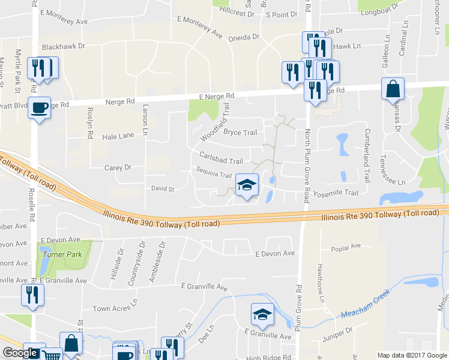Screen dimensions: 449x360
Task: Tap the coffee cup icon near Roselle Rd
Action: pyautogui.click(x=40, y=108)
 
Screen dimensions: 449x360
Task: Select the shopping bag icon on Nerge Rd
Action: pyautogui.click(x=392, y=89)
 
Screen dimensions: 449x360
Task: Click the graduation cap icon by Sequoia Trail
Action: pyautogui.click(x=246, y=185)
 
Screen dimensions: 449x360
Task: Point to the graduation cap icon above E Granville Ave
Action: pyautogui.click(x=262, y=314)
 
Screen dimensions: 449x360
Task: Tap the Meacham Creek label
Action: pyautogui.click(x=366, y=305)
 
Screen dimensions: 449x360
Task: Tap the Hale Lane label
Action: pyautogui.click(x=118, y=136)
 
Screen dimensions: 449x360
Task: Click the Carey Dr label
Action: pyautogui.click(x=118, y=168)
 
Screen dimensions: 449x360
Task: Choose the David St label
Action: pyautogui.click(x=162, y=188)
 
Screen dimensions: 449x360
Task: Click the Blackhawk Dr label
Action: pyautogui.click(x=64, y=46)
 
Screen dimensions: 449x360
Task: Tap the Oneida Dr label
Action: pyautogui.click(x=244, y=37)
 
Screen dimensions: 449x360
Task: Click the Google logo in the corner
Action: pyautogui.click(x=20, y=353)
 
